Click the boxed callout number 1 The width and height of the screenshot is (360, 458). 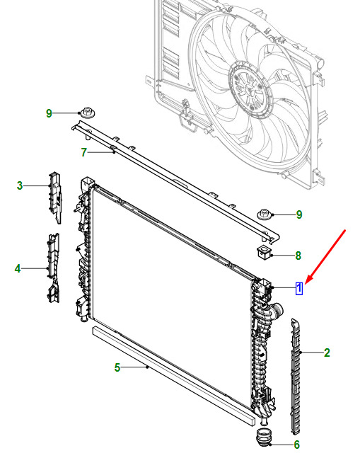click(x=299, y=288)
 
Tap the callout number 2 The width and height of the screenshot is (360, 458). click(x=327, y=353)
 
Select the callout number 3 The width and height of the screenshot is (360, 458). click(x=20, y=185)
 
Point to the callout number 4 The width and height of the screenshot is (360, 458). click(x=18, y=268)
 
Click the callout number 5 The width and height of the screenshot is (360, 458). click(x=117, y=367)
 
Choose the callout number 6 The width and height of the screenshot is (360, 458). click(x=296, y=445)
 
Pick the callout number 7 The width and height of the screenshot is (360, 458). click(x=83, y=152)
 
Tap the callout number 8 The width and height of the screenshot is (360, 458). click(x=298, y=256)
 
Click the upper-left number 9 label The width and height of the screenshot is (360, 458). click(x=49, y=113)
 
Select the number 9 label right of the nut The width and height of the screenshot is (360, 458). click(x=299, y=214)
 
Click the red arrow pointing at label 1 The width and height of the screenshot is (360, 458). click(x=325, y=257)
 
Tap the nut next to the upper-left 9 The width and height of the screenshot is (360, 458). click(x=87, y=113)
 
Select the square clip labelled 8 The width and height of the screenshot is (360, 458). click(x=264, y=251)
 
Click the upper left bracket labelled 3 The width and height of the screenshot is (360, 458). click(x=54, y=197)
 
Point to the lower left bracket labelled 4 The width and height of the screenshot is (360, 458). click(x=53, y=268)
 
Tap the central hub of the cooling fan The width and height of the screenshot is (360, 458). click(x=250, y=89)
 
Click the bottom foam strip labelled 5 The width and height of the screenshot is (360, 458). click(x=173, y=377)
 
